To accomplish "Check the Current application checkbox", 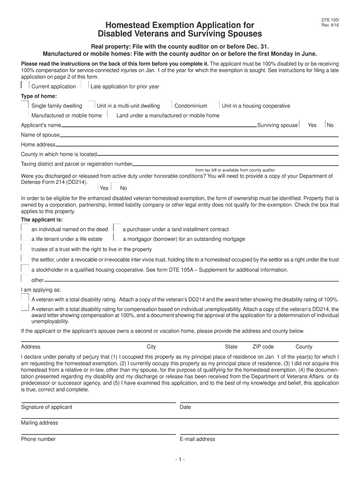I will pyautogui.click(x=25, y=86).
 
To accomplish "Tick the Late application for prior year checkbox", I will pyautogui.click(x=85, y=86).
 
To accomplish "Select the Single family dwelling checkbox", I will pyautogui.click(x=25, y=105).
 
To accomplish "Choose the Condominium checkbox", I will pyautogui.click(x=169, y=105).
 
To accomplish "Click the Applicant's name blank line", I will pyautogui.click(x=159, y=126).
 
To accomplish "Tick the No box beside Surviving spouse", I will pyautogui.click(x=323, y=125).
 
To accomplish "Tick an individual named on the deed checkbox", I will pyautogui.click(x=25, y=228).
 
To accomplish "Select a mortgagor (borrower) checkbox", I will pyautogui.click(x=116, y=238).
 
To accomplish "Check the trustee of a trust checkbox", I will pyautogui.click(x=25, y=248).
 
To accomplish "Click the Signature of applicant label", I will pyautogui.click(x=46, y=407).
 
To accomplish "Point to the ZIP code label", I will pyautogui.click(x=263, y=347).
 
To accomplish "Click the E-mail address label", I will pyautogui.click(x=197, y=439).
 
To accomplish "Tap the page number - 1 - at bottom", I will pyautogui.click(x=180, y=460).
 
